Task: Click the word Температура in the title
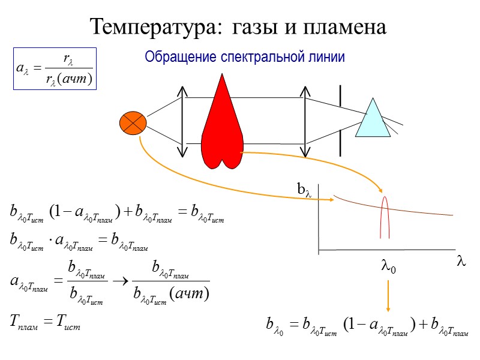click(154, 26)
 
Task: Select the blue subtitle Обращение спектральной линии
click(244, 58)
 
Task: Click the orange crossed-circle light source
click(133, 124)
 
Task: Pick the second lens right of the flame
click(305, 120)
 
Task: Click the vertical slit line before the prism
click(340, 120)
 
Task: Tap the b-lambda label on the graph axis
click(305, 190)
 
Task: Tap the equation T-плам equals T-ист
click(45, 325)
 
